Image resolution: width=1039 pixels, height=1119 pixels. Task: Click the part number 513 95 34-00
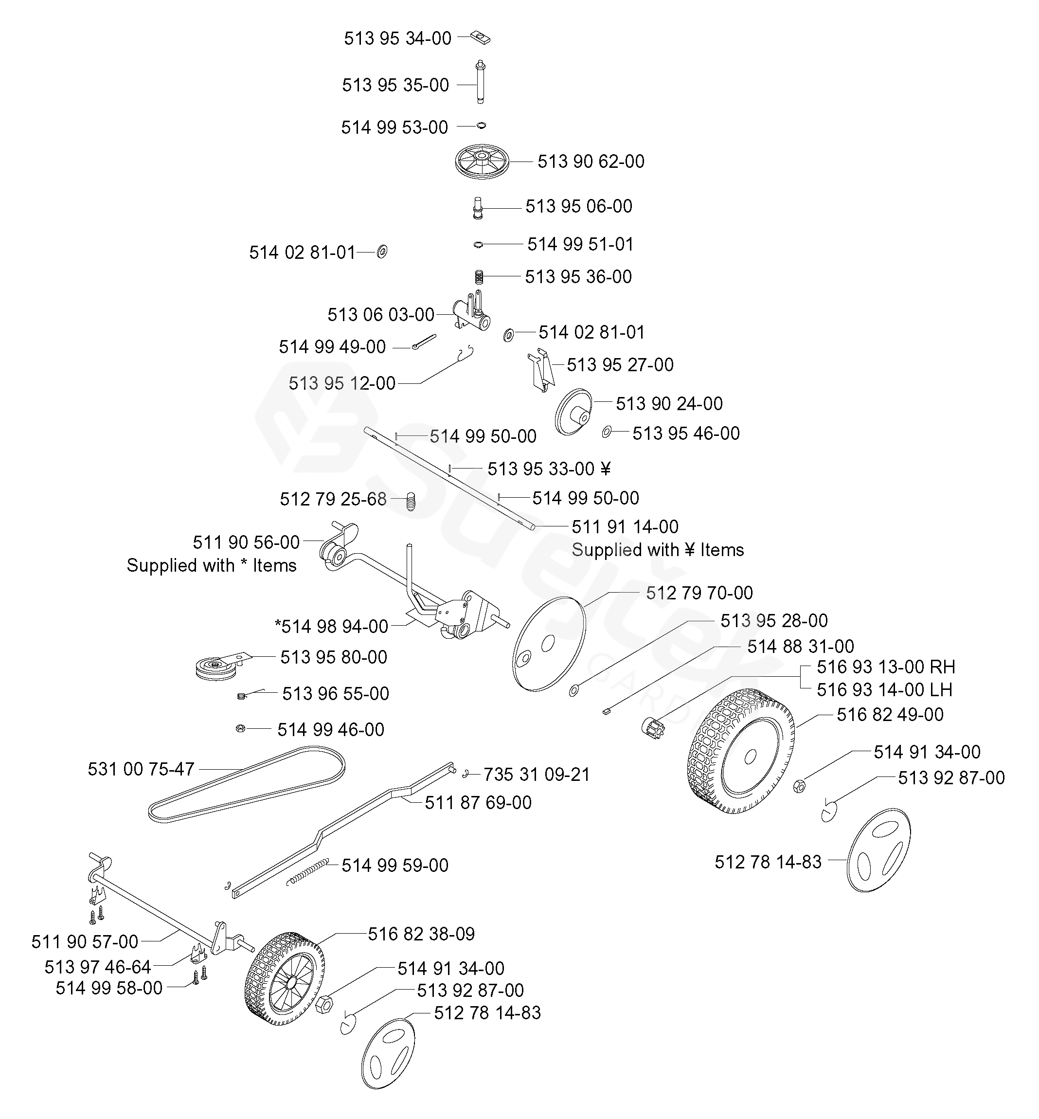pos(397,38)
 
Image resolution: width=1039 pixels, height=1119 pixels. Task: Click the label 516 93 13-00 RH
pos(885,667)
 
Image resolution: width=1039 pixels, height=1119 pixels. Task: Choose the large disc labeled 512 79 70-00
pos(549,642)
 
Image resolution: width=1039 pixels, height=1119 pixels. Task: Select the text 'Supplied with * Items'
pos(212,565)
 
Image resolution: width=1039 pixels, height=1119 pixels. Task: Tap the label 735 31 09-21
pos(537,775)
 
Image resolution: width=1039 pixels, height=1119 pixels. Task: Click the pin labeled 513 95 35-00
pos(481,82)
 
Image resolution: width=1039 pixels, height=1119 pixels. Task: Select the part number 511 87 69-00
pos(478,802)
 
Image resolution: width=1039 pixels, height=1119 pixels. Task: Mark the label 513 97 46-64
pos(98,967)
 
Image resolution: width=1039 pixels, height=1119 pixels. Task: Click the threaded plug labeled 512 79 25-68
pos(411,501)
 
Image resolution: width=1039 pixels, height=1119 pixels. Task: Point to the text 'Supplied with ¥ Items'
pos(657,549)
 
